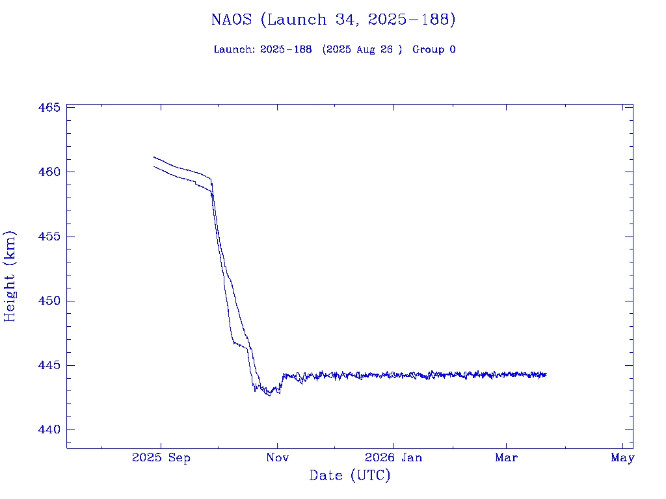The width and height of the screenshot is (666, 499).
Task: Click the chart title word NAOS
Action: click(232, 19)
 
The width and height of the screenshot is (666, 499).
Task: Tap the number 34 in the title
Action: click(343, 19)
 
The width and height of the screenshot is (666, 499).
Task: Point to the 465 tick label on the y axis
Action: click(49, 107)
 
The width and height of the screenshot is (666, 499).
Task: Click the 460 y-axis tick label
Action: click(49, 172)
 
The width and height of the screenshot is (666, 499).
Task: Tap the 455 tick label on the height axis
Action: click(49, 237)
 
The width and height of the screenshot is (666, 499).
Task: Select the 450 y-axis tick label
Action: click(49, 301)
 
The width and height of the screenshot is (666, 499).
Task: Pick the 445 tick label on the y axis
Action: click(49, 366)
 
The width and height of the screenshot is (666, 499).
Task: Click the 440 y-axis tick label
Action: click(49, 430)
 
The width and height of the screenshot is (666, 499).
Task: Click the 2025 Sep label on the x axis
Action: click(161, 458)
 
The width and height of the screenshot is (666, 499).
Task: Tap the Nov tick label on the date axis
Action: click(277, 458)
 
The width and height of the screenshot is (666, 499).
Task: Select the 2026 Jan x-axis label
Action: click(393, 458)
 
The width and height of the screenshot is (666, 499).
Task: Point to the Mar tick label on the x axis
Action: click(506, 458)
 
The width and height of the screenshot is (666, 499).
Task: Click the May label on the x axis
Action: click(622, 458)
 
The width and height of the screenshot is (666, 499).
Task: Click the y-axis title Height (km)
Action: click(10, 276)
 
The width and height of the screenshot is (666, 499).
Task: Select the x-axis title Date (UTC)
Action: click(350, 476)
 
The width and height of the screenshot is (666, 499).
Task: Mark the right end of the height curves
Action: click(546, 374)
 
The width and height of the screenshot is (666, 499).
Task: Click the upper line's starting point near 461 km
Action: click(154, 157)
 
